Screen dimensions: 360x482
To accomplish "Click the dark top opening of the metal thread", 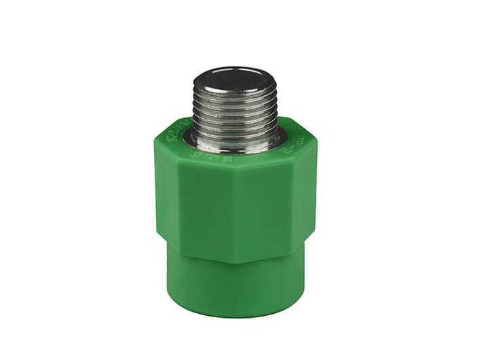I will [x=234, y=77].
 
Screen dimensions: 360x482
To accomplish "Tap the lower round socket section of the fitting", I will [x=234, y=278].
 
